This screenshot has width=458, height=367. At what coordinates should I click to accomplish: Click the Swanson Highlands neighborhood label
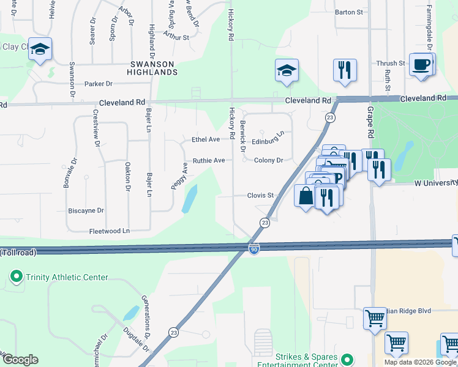pos(152,68)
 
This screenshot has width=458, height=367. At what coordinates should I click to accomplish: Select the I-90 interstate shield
pos(254,249)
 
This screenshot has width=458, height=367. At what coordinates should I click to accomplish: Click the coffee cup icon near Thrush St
pos(421,64)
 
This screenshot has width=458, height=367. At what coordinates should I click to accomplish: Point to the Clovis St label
pos(260,196)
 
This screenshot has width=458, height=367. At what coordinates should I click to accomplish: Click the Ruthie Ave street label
pos(209,161)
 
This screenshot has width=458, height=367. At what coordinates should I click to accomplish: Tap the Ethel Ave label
pos(206,140)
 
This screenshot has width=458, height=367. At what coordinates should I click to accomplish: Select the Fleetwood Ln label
pos(110,231)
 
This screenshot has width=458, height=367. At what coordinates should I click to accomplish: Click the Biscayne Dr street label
pos(86,210)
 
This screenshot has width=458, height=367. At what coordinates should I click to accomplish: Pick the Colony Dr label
pos(269,161)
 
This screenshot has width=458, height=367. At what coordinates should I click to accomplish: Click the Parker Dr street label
pos(99,84)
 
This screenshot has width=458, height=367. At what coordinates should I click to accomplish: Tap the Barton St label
pos(349,12)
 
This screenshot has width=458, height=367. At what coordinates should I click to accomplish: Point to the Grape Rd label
pos(370,122)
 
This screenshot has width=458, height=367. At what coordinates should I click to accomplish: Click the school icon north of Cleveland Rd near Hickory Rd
pos(287,71)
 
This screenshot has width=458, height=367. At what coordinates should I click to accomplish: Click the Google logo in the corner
pos(21,360)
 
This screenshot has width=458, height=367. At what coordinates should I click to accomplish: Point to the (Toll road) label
pos(18,253)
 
